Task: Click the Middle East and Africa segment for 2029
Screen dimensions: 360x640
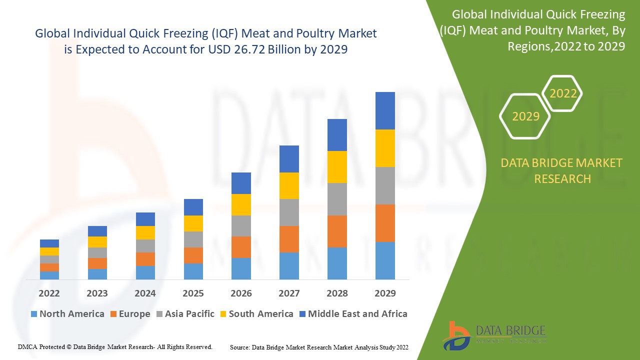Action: [385, 110]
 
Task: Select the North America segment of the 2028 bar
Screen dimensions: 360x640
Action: [337, 263]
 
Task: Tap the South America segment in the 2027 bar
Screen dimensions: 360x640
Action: [289, 185]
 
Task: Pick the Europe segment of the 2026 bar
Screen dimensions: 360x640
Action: [241, 247]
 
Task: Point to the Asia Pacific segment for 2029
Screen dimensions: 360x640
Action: [385, 185]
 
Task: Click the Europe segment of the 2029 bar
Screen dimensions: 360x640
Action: [385, 223]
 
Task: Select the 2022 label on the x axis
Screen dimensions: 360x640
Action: [49, 293]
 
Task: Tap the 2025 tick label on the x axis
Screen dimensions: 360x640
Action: [193, 293]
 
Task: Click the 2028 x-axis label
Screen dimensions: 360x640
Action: [337, 293]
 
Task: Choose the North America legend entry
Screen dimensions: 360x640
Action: [67, 314]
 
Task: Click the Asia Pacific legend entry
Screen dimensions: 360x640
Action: [184, 314]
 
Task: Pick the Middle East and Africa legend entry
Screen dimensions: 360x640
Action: [353, 314]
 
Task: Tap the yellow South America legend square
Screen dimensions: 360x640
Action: [223, 314]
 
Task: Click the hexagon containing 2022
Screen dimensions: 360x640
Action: [563, 93]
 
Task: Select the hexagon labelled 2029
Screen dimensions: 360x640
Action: [525, 116]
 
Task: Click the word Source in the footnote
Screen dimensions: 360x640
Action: [240, 346]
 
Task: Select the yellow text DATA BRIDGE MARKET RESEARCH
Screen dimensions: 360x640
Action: [562, 170]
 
